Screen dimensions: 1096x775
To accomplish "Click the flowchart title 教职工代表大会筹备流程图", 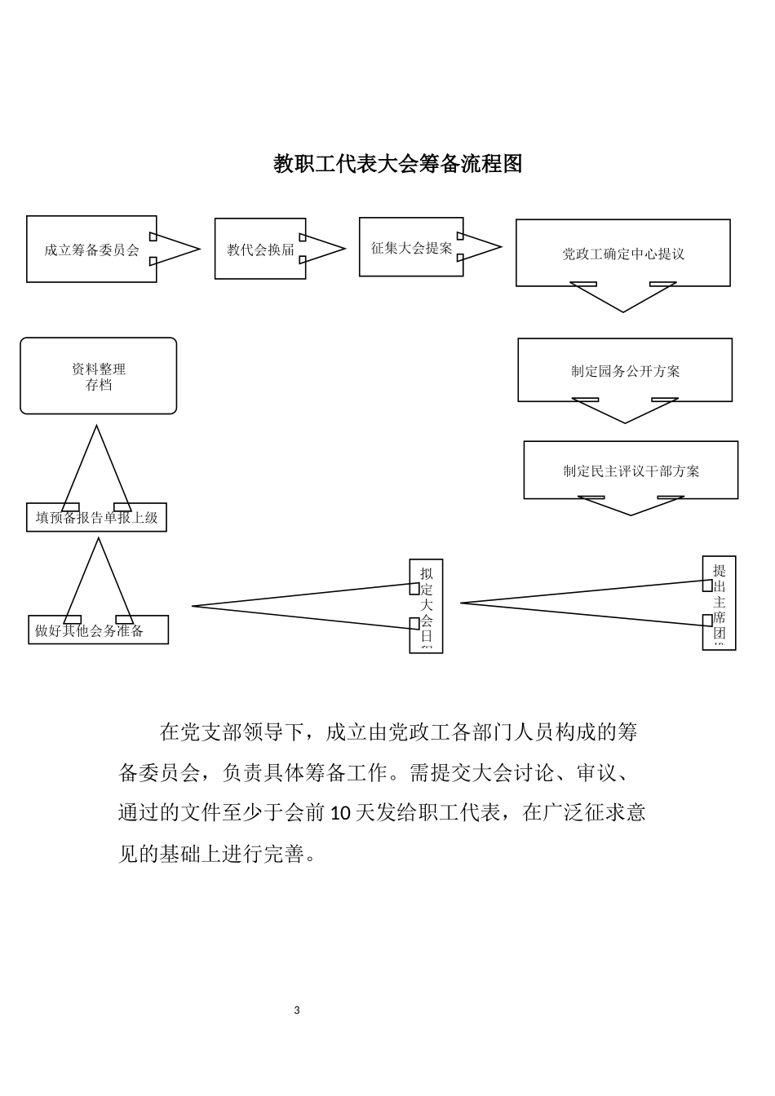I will point(397,164).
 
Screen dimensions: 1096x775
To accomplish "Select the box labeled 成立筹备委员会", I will point(91,250).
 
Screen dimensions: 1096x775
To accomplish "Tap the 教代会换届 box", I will point(260,249).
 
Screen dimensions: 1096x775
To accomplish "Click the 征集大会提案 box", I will point(411,247).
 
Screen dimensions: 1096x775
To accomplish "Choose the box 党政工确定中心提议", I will point(622,253).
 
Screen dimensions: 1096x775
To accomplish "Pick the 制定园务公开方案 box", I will point(625,370).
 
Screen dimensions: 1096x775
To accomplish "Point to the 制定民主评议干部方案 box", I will point(631,471).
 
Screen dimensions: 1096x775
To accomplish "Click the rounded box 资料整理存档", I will point(98,376).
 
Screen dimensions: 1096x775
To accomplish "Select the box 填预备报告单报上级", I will point(96,518).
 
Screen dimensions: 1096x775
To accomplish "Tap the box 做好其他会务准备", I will point(98,630).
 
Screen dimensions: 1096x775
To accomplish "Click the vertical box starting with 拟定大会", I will point(426,606).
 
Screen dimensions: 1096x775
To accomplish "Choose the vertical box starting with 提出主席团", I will point(719,603).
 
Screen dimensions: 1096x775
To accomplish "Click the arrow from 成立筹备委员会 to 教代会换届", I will point(175,249).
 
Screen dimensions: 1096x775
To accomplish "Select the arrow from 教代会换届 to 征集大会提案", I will point(325,249).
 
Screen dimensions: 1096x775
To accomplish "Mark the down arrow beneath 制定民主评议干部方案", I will point(631,506).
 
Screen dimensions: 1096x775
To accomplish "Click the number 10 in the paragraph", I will point(342,813).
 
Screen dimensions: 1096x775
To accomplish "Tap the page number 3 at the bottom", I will point(297,1010).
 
